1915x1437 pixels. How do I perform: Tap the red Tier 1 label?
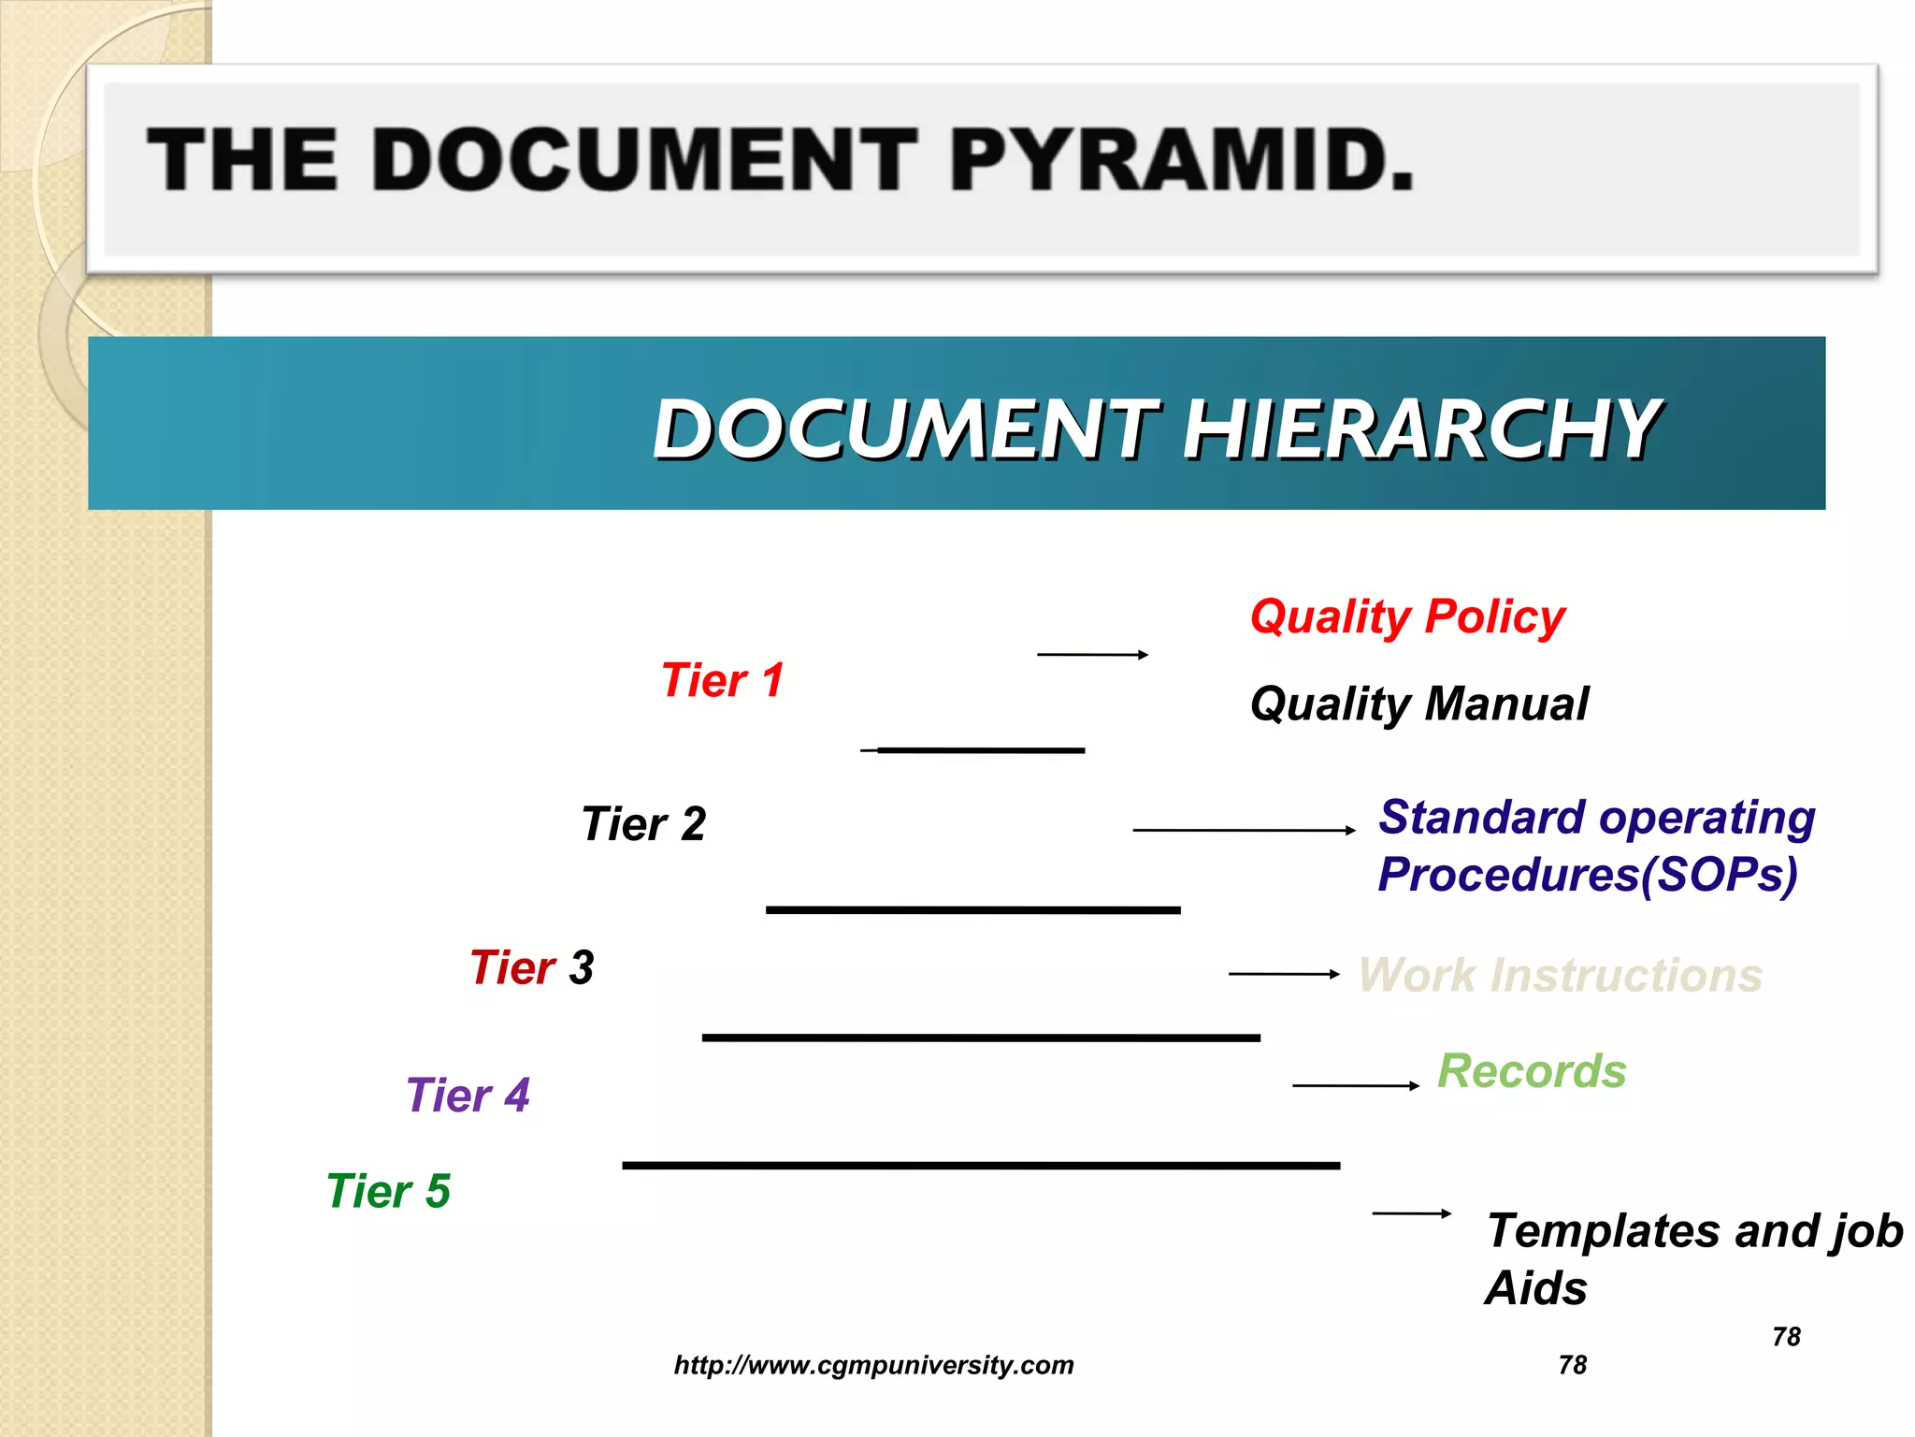(722, 680)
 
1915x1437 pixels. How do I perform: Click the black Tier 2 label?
(643, 824)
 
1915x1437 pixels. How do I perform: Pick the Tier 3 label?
(531, 967)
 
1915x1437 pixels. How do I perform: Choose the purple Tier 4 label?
(468, 1096)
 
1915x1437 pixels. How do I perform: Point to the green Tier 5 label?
(388, 1192)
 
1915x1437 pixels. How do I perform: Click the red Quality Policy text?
(1407, 617)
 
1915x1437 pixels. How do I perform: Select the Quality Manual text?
(1418, 704)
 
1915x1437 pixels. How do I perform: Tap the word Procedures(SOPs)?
(1587, 876)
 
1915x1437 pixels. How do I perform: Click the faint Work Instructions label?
(1560, 975)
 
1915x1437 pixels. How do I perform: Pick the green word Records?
(1532, 1071)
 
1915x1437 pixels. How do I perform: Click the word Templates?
(1605, 1231)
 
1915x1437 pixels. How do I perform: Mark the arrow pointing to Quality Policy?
(1092, 655)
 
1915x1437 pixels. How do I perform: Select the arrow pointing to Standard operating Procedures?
(1244, 830)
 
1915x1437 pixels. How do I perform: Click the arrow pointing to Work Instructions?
(1284, 974)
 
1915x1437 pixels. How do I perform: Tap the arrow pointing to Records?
(1356, 1085)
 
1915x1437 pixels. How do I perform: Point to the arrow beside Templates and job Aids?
(1412, 1213)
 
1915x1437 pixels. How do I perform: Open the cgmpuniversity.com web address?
(873, 1365)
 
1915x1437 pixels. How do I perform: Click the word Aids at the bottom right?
(1536, 1289)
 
